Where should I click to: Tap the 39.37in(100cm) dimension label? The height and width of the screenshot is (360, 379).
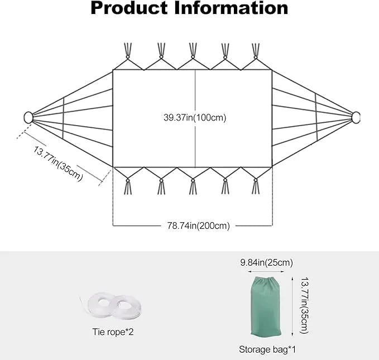pyautogui.click(x=194, y=118)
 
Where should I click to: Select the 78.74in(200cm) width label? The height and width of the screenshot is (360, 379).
pyautogui.click(x=198, y=226)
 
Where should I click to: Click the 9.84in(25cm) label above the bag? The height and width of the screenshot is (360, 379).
pyautogui.click(x=266, y=262)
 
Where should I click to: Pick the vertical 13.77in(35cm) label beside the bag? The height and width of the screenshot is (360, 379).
pyautogui.click(x=304, y=306)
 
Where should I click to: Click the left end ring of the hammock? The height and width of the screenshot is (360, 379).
pyautogui.click(x=28, y=118)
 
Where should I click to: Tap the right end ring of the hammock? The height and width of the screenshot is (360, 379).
pyautogui.click(x=356, y=117)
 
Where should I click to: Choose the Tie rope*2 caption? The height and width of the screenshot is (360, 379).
pyautogui.click(x=113, y=332)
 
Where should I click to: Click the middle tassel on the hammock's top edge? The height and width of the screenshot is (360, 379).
pyautogui.click(x=193, y=51)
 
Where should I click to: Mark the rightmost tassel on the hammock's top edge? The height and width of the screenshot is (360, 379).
pyautogui.click(x=256, y=51)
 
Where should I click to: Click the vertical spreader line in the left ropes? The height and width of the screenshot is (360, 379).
pyautogui.click(x=64, y=118)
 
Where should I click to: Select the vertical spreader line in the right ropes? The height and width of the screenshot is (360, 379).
pyautogui.click(x=316, y=117)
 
